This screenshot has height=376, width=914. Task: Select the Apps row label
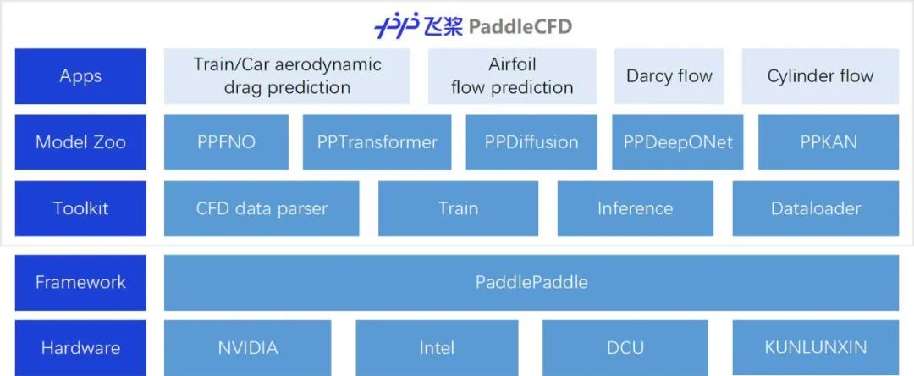(80, 76)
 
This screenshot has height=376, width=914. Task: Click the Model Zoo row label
(80, 142)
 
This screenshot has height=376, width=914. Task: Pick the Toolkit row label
(80, 208)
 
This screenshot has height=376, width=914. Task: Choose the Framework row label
(80, 282)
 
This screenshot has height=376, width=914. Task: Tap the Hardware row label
(80, 347)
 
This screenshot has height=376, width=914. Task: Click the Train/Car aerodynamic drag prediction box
(287, 76)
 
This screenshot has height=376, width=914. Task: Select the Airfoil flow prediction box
(512, 76)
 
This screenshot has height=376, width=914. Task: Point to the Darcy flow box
(669, 76)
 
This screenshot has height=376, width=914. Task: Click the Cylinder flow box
(820, 76)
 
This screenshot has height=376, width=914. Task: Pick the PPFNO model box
(225, 142)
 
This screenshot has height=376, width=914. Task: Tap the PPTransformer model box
(377, 142)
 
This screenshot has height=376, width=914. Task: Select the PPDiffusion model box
(531, 142)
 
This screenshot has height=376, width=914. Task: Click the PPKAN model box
(829, 142)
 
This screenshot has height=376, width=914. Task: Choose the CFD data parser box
(262, 208)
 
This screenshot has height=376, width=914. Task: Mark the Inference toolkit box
(635, 208)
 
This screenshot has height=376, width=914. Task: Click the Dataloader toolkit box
(816, 208)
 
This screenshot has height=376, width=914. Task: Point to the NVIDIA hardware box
(247, 347)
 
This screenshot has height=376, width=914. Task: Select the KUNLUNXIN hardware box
(816, 347)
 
